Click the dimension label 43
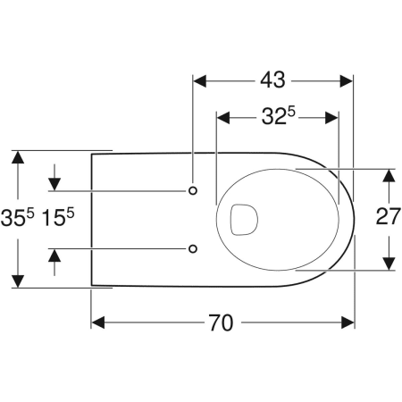(x=272, y=80)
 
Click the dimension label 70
(x=221, y=322)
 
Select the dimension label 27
(x=389, y=216)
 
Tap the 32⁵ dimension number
(x=279, y=116)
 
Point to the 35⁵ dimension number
(x=18, y=217)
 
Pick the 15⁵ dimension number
(x=57, y=217)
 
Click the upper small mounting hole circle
(x=193, y=190)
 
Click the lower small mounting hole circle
(x=193, y=248)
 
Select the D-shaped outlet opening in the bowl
(x=244, y=220)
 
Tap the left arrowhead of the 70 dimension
(x=98, y=322)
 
